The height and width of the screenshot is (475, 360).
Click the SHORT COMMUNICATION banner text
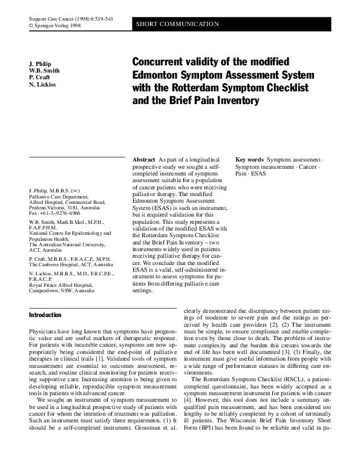177,24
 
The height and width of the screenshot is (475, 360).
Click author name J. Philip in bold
41,63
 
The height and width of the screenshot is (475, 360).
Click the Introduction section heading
45,315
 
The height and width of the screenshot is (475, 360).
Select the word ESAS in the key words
259,174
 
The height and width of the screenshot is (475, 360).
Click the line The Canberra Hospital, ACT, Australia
71,264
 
